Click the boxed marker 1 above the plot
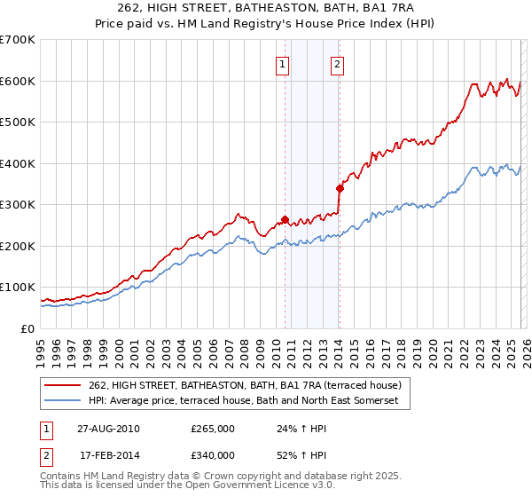pos(282,63)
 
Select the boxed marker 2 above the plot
pos(339,63)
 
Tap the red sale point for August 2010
pos(285,219)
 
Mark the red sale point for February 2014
pos(340,188)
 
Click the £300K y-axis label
pos(18,205)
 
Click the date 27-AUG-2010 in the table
pos(107,428)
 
